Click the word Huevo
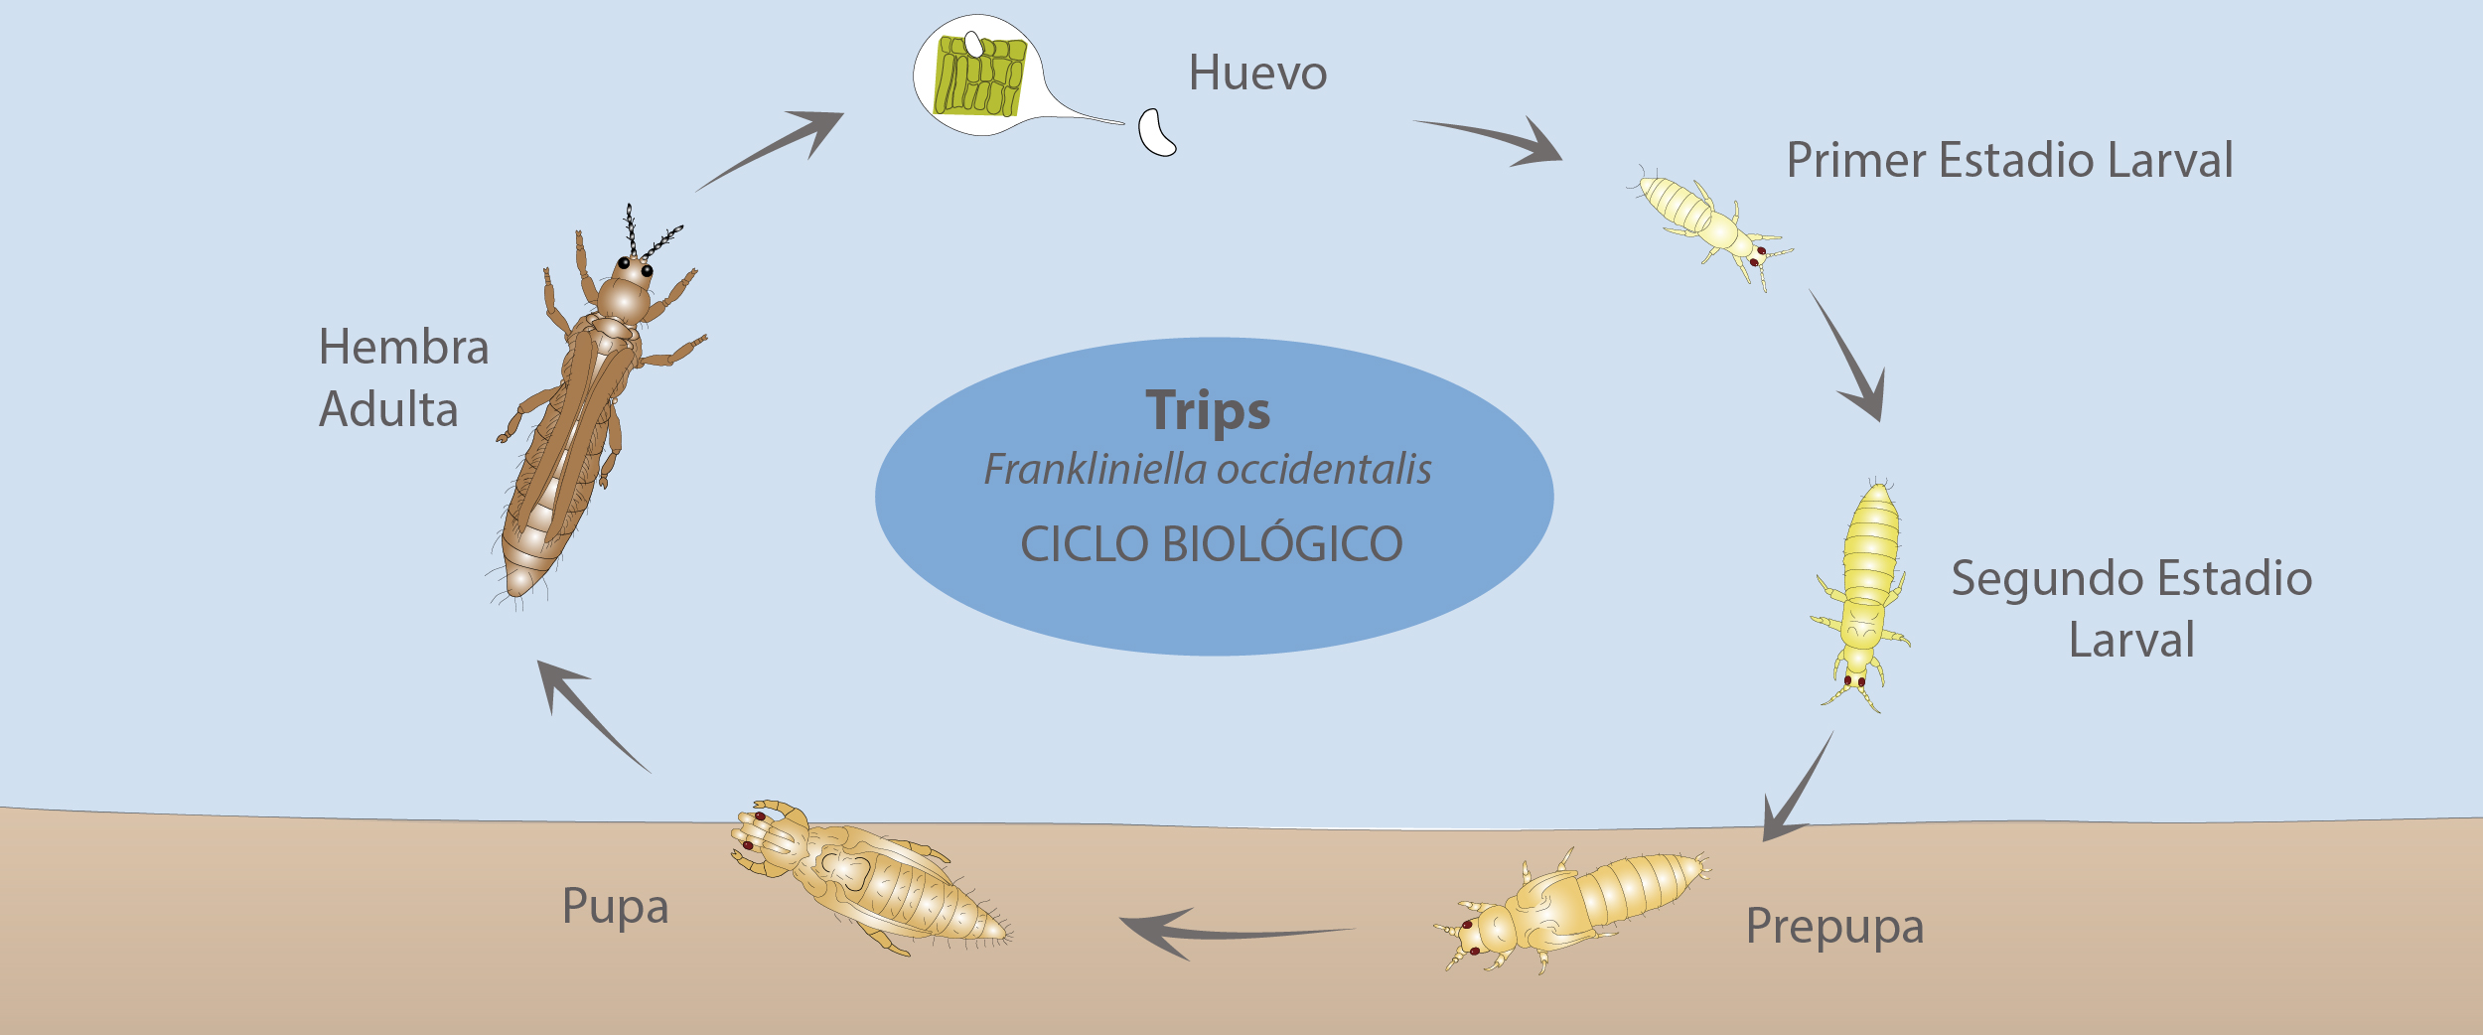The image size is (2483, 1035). tap(1257, 74)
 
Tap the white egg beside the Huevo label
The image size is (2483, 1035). tap(1154, 133)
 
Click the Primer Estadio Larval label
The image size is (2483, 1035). tap(2009, 161)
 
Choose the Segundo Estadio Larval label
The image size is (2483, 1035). tap(2131, 608)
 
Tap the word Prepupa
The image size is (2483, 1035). tap(1834, 926)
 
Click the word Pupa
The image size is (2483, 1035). tap(615, 906)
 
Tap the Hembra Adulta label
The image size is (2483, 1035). tap(402, 377)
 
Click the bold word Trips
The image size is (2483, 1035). tap(1208, 410)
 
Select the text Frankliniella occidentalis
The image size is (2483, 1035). tap(1208, 469)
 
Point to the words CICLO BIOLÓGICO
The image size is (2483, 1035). tap(1212, 544)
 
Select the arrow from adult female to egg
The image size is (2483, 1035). tap(775, 149)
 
